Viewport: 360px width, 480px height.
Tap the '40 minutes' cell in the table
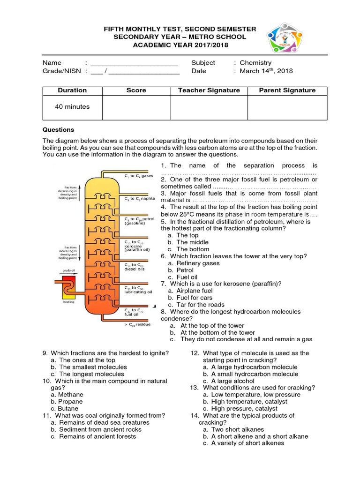pos(72,106)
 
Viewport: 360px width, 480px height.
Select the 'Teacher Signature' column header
pos(209,90)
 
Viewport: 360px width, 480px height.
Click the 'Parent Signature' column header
pos(287,90)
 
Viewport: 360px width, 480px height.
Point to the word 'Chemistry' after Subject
pos(255,62)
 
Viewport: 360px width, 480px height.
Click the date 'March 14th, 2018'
pos(266,71)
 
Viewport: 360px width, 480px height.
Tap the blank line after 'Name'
pos(134,63)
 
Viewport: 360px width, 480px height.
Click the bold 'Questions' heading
pos(58,130)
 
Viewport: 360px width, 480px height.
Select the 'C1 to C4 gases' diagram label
pos(139,176)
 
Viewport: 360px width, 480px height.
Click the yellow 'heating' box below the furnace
pos(68,295)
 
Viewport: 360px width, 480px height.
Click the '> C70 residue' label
pos(137,324)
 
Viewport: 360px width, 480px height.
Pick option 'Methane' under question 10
pos(70,395)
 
